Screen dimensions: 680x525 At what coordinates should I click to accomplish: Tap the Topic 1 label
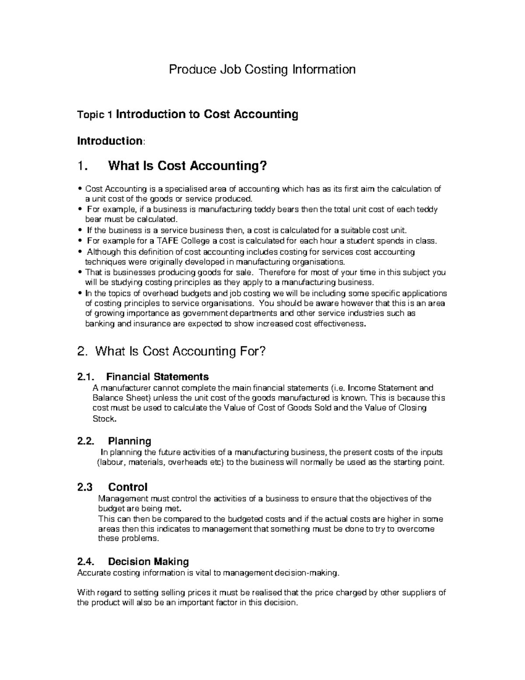tap(95, 115)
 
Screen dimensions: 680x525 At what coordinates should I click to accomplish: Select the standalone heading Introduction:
tap(110, 141)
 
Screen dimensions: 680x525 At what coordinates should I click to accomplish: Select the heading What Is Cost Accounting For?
tap(180, 351)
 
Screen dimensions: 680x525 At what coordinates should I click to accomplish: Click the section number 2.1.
tap(86, 377)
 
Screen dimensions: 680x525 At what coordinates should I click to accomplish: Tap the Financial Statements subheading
tap(157, 377)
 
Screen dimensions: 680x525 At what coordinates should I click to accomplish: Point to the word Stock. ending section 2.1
tap(105, 419)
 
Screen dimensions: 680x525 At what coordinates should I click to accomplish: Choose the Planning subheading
tap(129, 441)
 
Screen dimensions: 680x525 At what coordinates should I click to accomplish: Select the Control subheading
tap(128, 487)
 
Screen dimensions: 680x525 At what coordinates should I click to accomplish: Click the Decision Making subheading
tap(148, 562)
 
